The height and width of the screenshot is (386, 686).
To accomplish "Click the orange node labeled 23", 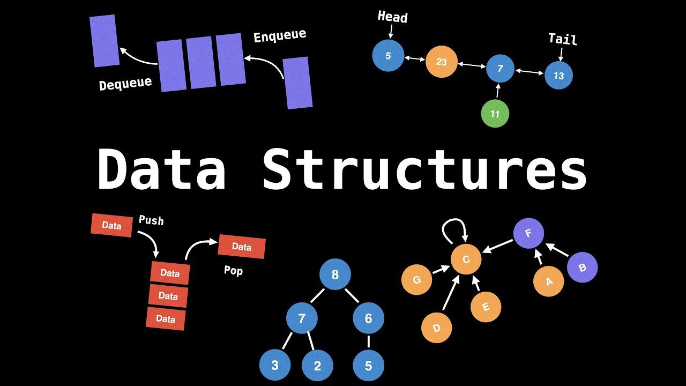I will coord(441,62).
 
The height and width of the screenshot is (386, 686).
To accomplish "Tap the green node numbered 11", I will coord(495,114).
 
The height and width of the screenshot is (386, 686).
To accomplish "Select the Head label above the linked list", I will coord(392,17).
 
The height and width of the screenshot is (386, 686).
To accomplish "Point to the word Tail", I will coord(562,39).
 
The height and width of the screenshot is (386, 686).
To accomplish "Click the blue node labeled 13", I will coord(558,76).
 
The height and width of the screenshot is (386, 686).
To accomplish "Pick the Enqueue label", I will coord(280,36).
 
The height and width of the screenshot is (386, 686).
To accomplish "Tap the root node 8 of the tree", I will coord(335,275).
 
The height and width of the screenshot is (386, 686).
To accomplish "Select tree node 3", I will coord(275,366).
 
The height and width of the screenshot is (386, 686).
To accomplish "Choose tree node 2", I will coord(317,366).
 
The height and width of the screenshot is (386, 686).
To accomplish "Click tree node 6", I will coord(368,318).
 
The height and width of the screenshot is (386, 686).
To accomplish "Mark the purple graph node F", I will coord(528,234).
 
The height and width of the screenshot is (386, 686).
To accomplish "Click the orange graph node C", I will coord(466,260).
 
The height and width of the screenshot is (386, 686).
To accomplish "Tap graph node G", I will coord(417,280).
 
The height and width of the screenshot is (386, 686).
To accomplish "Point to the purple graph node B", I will coord(582,268).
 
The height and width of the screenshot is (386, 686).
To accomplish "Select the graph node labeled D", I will coord(436,328).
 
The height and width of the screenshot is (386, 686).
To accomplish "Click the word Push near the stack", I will coord(151,220).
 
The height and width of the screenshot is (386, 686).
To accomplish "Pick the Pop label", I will coord(233,271).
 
